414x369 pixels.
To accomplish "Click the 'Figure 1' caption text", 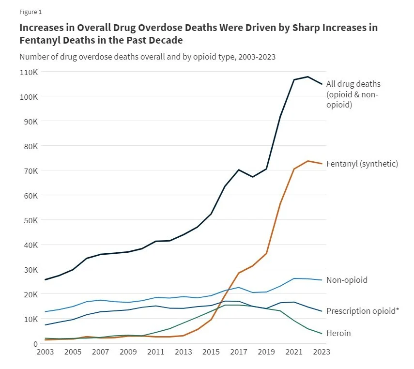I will (31, 11).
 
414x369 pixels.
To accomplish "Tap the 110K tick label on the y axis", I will (29, 72).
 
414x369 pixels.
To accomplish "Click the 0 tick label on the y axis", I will (36, 343).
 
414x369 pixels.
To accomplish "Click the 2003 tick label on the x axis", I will (45, 352).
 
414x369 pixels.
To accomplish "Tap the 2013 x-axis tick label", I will (183, 352).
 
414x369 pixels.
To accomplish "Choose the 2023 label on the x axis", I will (322, 352).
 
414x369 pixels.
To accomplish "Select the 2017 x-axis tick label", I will (238, 352).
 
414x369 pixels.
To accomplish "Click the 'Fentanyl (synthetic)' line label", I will (362, 164).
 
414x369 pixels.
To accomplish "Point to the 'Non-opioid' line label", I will (347, 280).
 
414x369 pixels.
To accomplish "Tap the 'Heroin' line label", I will (338, 333).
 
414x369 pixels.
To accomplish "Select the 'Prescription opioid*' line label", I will (363, 311).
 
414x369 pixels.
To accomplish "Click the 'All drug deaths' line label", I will (353, 84).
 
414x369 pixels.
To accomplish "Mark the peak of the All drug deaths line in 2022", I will (308, 77).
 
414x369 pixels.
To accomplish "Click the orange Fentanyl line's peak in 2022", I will (308, 161).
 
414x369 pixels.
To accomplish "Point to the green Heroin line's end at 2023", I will (322, 334).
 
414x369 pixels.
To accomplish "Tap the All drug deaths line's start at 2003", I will (45, 279).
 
